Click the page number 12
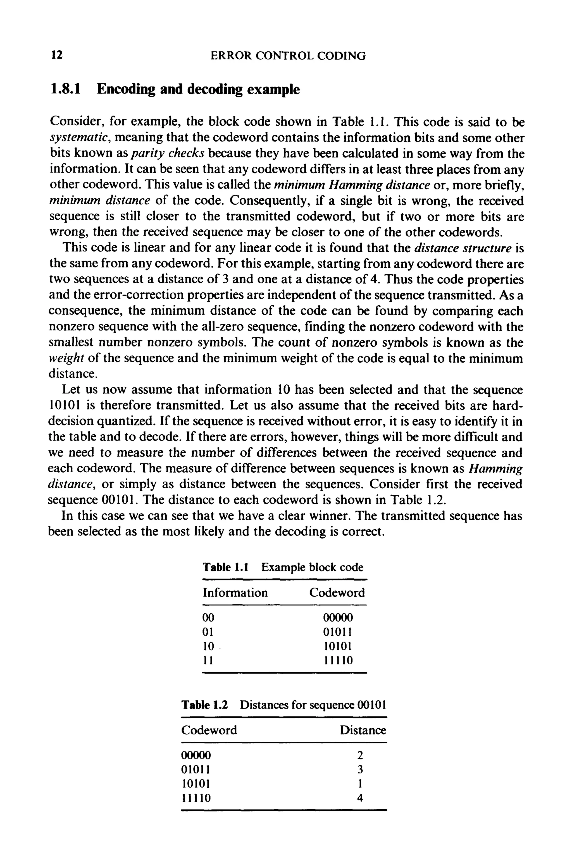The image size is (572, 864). [x=57, y=55]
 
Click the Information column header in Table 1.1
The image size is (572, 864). [x=235, y=593]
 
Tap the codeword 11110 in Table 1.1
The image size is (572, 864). [x=338, y=660]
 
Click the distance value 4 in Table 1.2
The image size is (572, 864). [x=360, y=798]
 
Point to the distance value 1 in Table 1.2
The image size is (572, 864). [x=360, y=784]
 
